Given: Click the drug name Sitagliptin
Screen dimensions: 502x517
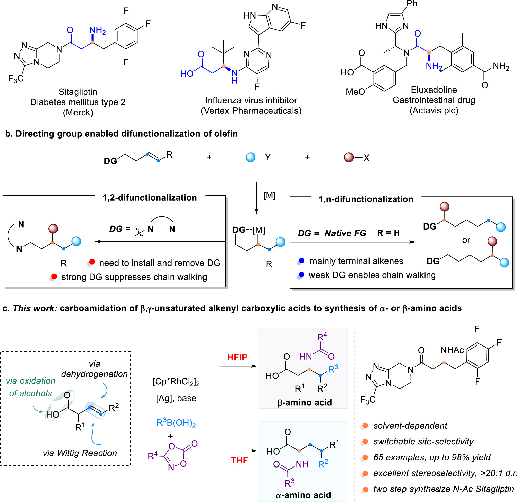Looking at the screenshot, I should pos(78,92).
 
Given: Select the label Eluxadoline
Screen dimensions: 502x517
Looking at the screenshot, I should pos(434,90).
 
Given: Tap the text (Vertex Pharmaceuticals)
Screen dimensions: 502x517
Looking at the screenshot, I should pos(251,111).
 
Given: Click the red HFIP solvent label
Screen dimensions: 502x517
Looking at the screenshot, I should pos(237,357).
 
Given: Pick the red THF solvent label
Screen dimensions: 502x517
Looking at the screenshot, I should pos(239,461).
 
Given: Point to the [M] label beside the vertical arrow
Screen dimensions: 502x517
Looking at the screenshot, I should pos(269,195).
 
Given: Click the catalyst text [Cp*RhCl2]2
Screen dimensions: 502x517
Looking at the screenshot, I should pos(176,382).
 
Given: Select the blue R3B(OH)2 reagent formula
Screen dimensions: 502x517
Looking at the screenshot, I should pos(176,423).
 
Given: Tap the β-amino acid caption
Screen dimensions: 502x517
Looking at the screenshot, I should pos(305,403).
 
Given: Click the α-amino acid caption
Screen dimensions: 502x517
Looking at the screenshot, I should pos(303,495).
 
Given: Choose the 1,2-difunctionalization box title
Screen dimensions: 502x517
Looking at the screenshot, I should pos(150,198).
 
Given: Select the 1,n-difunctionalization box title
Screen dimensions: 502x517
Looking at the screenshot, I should pos(366,199).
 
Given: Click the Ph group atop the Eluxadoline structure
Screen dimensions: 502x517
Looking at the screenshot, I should pos(412,4).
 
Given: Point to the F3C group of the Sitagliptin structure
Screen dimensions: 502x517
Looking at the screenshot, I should pos(16,78).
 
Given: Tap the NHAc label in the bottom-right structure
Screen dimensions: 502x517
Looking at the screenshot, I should pos(452,350).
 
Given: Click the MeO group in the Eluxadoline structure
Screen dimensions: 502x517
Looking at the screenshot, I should pos(355,92).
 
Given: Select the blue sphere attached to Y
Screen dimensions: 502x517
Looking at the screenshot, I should pos(250,157).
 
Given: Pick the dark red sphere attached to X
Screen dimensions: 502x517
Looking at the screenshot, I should pos(349,157).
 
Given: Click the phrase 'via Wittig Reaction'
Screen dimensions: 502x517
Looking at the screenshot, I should pos(80,453).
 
